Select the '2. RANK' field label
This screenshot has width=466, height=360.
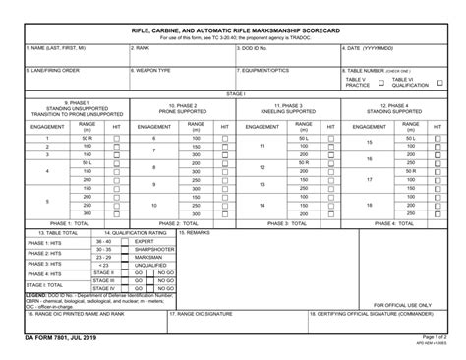coord(141,47)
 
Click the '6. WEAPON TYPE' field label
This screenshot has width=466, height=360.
coord(151,71)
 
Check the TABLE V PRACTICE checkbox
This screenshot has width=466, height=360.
coord(381,84)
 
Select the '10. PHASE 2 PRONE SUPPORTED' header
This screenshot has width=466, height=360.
coord(183,108)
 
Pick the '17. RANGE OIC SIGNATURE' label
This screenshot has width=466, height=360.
coord(205,314)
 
